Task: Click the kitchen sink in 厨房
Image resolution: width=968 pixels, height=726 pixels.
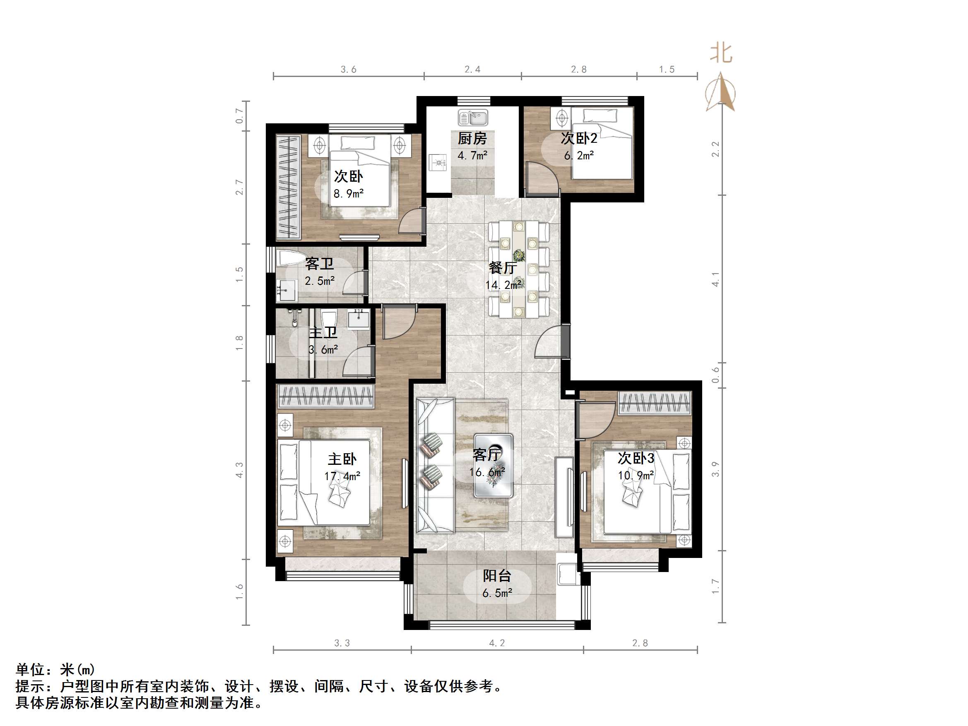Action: click(x=473, y=118)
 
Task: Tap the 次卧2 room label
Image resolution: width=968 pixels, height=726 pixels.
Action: click(x=578, y=139)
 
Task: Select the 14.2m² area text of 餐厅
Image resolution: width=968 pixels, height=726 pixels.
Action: click(x=503, y=285)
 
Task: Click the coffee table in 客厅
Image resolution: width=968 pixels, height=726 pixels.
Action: click(x=493, y=465)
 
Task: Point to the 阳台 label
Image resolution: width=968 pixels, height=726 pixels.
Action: click(x=497, y=576)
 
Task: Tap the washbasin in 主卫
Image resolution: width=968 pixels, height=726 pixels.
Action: click(x=359, y=318)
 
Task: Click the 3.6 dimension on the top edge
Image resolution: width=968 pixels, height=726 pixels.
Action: click(x=348, y=70)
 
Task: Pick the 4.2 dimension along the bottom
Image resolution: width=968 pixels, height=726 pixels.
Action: click(x=497, y=643)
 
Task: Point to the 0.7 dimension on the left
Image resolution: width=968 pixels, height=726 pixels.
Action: click(x=239, y=115)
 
